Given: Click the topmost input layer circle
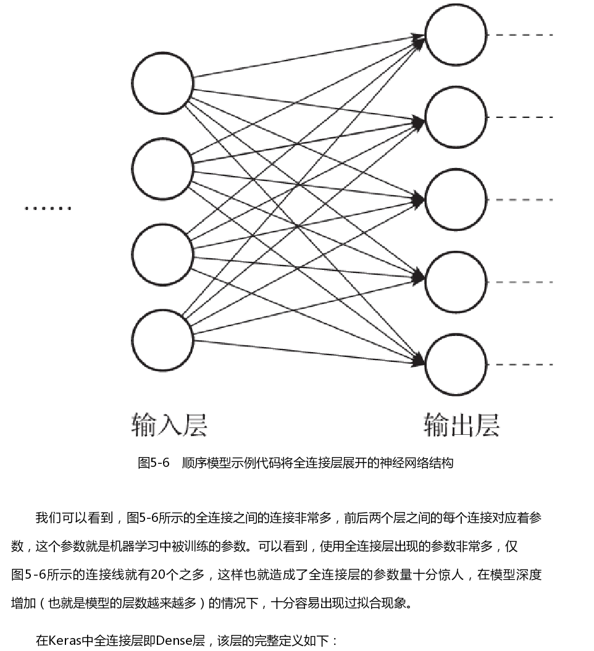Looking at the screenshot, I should click(x=162, y=83).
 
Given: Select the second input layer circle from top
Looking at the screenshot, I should click(x=162, y=169).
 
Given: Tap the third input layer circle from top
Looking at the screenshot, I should click(x=162, y=254).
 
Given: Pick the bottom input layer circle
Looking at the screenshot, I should click(x=162, y=340).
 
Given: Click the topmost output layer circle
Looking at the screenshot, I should click(x=456, y=35).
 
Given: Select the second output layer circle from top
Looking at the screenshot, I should click(x=456, y=117).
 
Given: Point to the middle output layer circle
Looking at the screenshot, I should click(x=456, y=199).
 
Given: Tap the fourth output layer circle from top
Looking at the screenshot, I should click(x=456, y=282).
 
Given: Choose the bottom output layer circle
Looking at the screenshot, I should click(x=456, y=364).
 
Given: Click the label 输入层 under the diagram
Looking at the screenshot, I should click(x=169, y=425).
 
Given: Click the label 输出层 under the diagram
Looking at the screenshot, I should click(x=461, y=425).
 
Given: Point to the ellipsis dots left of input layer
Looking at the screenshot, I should click(x=48, y=208).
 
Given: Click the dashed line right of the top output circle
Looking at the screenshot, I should click(x=520, y=35).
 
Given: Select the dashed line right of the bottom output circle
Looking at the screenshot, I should click(x=520, y=364).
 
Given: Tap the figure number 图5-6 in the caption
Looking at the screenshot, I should click(x=153, y=463).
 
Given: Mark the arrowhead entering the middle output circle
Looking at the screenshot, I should click(x=419, y=199).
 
